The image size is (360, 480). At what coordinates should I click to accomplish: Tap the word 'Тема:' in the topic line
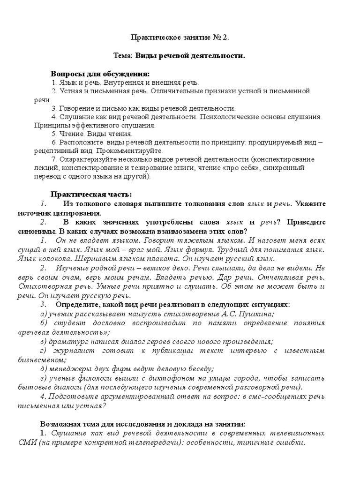[x=123, y=56]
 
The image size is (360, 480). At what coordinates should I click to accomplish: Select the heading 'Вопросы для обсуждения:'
[x=100, y=74]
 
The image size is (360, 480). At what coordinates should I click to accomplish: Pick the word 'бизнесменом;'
[x=57, y=360]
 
